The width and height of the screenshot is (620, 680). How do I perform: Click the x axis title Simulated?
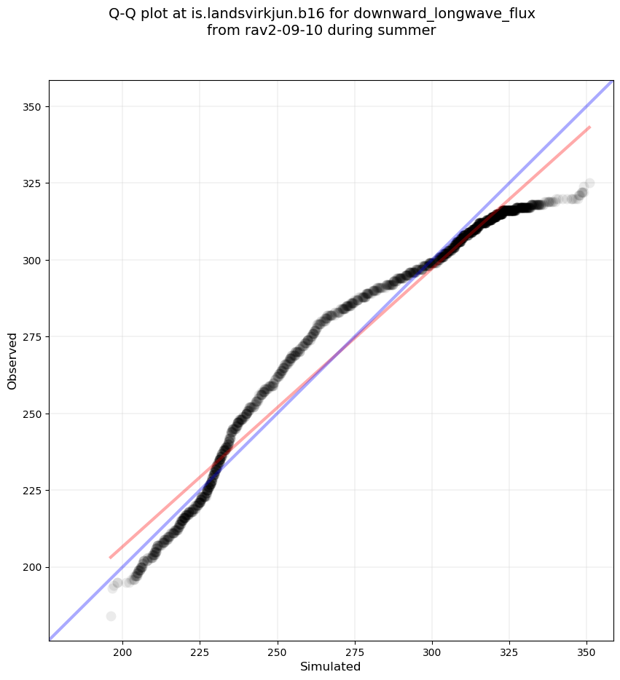[331, 666]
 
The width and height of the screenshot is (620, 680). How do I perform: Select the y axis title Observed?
[12, 360]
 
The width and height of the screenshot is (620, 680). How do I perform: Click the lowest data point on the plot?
[111, 616]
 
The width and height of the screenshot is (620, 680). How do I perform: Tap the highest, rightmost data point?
[589, 183]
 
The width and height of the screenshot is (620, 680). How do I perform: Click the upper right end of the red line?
[589, 127]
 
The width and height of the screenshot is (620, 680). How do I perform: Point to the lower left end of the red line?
[111, 558]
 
